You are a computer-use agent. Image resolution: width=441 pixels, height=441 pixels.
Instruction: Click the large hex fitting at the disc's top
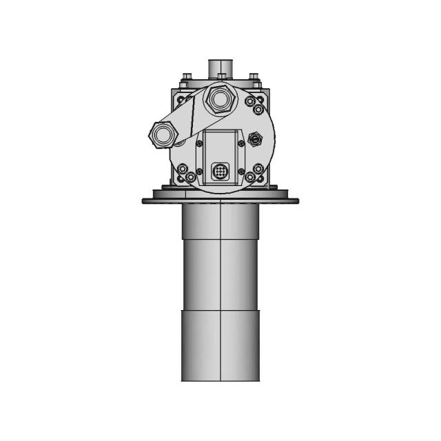point(220,100)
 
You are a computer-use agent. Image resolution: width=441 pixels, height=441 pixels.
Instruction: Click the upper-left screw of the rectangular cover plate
point(199,143)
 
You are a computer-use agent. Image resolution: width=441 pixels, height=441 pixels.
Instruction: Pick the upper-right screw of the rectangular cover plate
point(241,143)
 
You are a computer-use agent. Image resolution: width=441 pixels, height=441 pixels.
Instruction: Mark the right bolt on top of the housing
point(254,76)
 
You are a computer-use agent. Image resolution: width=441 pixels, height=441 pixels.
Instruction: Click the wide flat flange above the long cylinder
point(220,201)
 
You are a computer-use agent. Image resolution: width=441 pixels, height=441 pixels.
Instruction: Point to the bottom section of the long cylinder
point(220,345)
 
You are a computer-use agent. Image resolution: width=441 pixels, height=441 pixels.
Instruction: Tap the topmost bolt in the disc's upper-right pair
point(252,100)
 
